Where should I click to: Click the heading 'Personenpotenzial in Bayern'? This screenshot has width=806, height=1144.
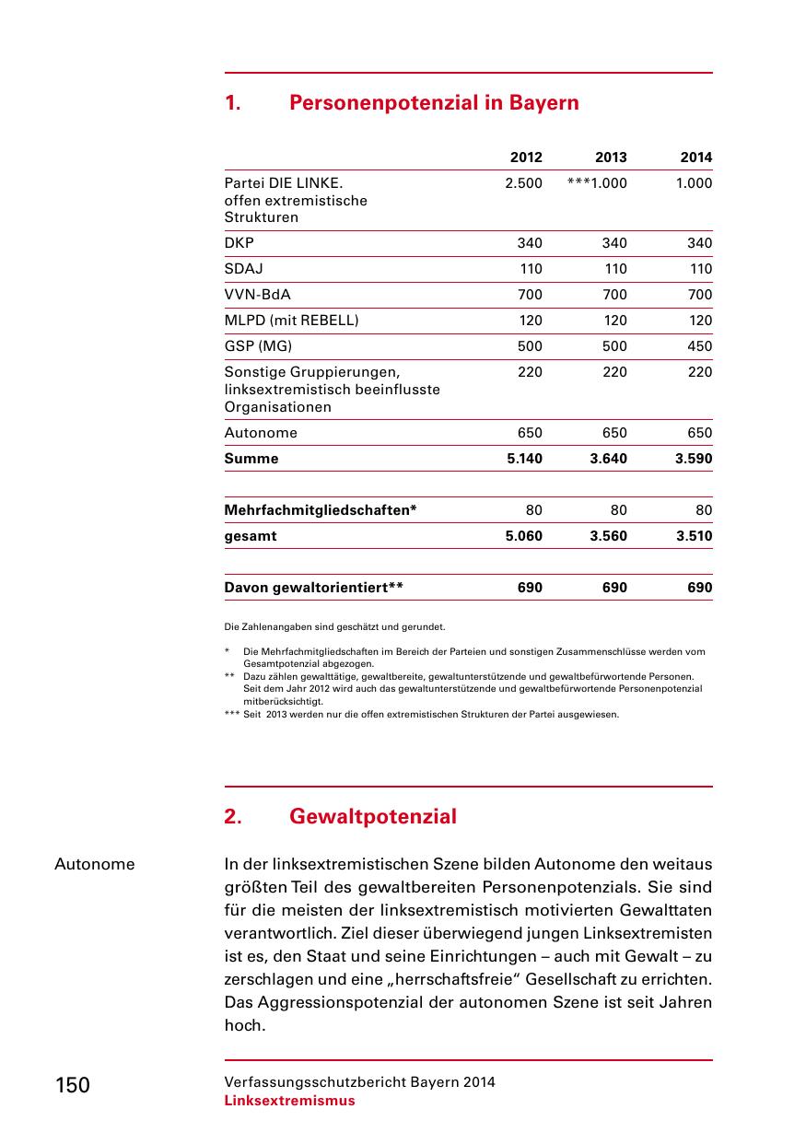coord(434,102)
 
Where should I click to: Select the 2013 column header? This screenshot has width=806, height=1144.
coord(611,158)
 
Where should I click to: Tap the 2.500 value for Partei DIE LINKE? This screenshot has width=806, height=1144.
coord(523,183)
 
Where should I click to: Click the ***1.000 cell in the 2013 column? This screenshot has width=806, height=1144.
coord(598,183)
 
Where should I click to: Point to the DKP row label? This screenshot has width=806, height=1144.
coord(239,243)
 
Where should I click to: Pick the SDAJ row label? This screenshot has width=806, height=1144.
coord(244,269)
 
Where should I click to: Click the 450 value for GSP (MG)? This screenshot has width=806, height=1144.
coord(700,346)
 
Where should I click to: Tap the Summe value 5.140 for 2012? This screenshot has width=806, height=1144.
coord(525,459)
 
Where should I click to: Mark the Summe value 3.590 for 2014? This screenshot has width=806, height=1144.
coord(694,459)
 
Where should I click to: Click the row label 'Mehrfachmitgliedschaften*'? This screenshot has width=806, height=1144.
coord(321,510)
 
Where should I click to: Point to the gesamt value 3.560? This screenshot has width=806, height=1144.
coord(608,536)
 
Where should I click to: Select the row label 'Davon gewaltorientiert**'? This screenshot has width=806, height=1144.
coord(314,588)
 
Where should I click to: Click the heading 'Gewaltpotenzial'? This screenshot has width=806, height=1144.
coord(373,817)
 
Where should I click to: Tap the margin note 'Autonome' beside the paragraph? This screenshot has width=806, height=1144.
coord(95,864)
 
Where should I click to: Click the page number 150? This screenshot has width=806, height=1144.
coord(73,1085)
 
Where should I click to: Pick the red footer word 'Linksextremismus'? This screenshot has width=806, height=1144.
coord(289,1101)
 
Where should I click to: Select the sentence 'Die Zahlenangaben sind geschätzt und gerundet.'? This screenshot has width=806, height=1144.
coord(334,627)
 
